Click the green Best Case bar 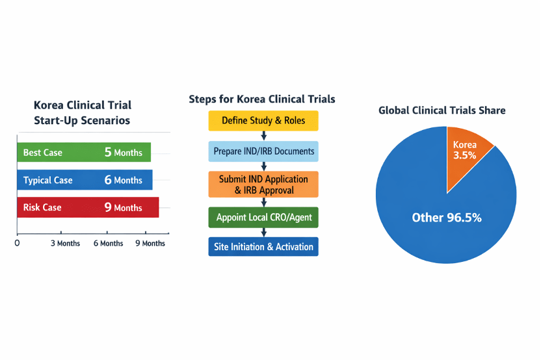coord(83,153)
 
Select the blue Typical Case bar coord(85,180)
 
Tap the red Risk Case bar coord(87,207)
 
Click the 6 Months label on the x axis coord(108,244)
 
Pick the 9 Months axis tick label coord(150,244)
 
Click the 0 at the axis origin coord(17,244)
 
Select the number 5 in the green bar coord(108,153)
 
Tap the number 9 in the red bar coord(108,207)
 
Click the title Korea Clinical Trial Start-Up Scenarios coord(82,112)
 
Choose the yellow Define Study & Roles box coord(263,121)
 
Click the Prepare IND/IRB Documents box coord(263,151)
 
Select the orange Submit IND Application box coord(263,184)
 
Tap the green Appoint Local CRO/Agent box coord(263,217)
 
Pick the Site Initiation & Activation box coord(263,247)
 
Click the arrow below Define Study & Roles coord(263,136)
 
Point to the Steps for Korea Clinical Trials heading coord(262,99)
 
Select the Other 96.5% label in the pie coord(447,218)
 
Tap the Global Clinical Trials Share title coord(442,110)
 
